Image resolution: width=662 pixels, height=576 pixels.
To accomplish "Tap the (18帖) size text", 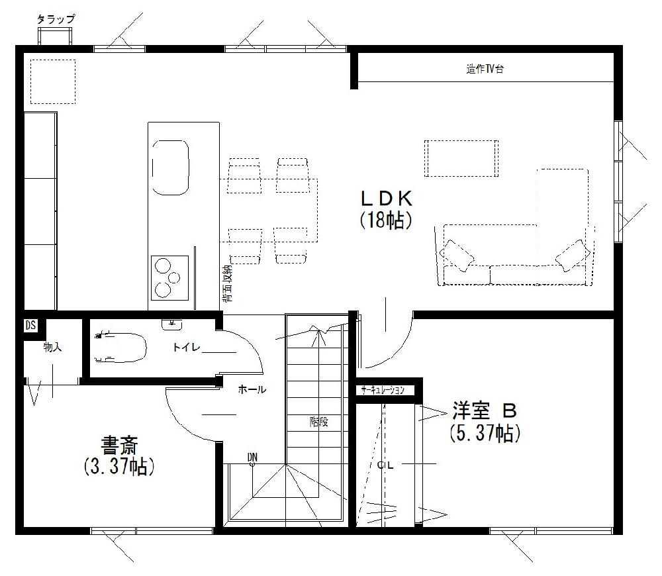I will [x=386, y=220].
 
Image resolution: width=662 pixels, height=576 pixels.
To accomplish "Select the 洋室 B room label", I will [x=483, y=411].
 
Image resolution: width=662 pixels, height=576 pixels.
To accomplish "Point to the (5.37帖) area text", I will [x=484, y=434].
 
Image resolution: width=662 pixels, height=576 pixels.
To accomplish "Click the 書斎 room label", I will [x=119, y=443].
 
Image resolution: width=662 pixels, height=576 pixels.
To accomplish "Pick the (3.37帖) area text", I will [x=119, y=466].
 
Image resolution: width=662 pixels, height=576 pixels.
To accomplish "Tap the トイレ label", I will [x=187, y=347].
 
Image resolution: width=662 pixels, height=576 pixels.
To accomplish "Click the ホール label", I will [x=252, y=390].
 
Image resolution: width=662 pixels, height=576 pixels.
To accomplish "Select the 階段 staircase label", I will [x=319, y=422].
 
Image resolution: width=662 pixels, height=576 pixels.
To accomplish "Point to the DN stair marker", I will [x=252, y=457].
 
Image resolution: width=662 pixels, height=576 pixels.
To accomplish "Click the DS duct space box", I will [x=30, y=326].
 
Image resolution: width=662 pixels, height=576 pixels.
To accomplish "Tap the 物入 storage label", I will [x=52, y=347].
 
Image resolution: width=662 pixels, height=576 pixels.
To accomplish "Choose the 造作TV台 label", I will [x=485, y=69].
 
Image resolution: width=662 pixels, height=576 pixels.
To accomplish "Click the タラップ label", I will [x=56, y=20].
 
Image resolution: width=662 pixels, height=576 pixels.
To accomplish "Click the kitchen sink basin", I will [x=171, y=166].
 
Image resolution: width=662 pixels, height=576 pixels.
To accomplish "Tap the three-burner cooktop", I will [x=169, y=277].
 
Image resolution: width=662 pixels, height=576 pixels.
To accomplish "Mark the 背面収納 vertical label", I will [x=227, y=285].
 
